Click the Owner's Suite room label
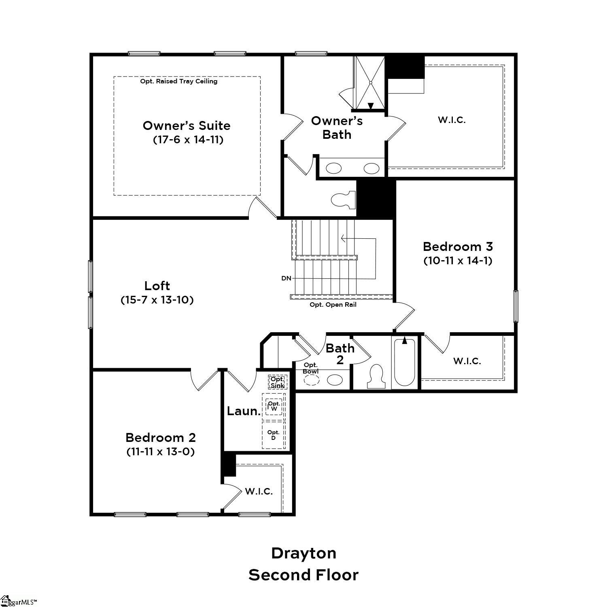[187, 125]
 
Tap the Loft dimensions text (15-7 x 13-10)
[157, 300]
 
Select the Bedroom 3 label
[458, 246]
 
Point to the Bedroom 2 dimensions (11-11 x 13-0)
[161, 452]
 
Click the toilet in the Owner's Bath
[343, 200]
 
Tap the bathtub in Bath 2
[404, 363]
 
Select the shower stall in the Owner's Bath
[370, 83]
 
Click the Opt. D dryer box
[274, 435]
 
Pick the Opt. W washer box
[274, 406]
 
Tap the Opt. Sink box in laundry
[278, 382]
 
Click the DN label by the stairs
[286, 278]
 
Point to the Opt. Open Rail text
[333, 305]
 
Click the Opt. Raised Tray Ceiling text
[178, 81]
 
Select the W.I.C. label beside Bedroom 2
[259, 491]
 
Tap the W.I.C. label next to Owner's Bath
[452, 120]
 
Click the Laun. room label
[243, 411]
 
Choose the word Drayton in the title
[303, 553]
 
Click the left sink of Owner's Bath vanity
[334, 168]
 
